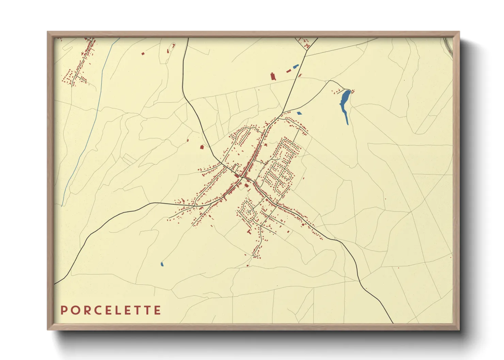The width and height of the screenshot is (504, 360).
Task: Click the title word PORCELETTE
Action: (111, 310)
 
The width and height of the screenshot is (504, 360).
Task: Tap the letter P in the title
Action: (63, 310)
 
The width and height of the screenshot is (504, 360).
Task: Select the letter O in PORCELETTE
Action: (74, 310)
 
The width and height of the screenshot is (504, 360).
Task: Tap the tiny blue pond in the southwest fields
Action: (162, 264)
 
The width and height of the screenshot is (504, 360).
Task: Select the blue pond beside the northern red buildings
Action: (295, 67)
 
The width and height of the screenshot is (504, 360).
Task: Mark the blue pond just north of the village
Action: (299, 113)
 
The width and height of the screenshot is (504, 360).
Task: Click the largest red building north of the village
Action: (273, 76)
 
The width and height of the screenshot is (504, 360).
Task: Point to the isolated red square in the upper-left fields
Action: (143, 53)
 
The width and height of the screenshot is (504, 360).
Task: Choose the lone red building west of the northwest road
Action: (202, 147)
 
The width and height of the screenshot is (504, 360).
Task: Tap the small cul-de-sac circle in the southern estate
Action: (249, 212)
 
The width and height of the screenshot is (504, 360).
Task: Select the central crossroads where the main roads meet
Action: (242, 177)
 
